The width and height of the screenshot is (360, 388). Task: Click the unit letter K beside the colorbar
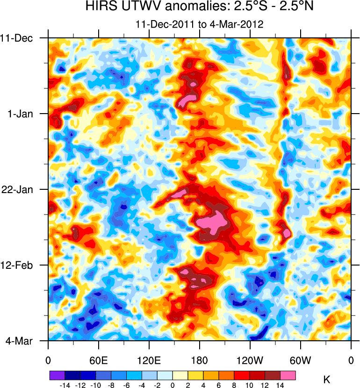coord(327,380)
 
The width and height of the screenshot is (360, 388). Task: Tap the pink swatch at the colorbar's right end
coord(288,375)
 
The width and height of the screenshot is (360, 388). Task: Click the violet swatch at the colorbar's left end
coord(57,375)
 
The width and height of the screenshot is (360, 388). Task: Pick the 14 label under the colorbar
coord(281,384)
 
